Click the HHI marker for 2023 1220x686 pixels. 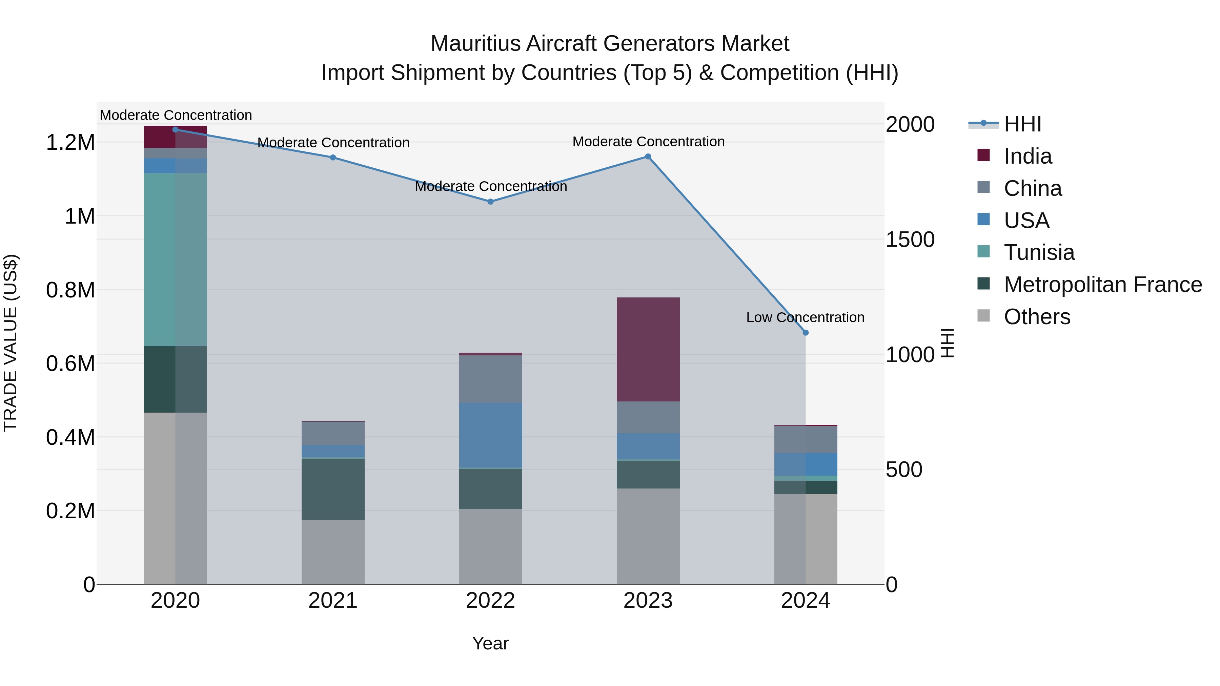click(648, 157)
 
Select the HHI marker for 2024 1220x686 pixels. click(806, 333)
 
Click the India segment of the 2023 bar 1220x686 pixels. click(648, 349)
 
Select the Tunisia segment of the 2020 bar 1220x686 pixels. click(175, 259)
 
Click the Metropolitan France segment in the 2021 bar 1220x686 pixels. click(333, 489)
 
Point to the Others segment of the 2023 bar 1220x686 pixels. click(648, 536)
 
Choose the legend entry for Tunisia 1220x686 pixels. click(1039, 252)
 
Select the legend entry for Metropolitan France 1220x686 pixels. click(1102, 285)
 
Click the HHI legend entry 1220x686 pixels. click(1022, 124)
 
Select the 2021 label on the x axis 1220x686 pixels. click(333, 601)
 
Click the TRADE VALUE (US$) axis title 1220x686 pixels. click(11, 343)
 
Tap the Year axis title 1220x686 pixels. click(490, 643)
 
